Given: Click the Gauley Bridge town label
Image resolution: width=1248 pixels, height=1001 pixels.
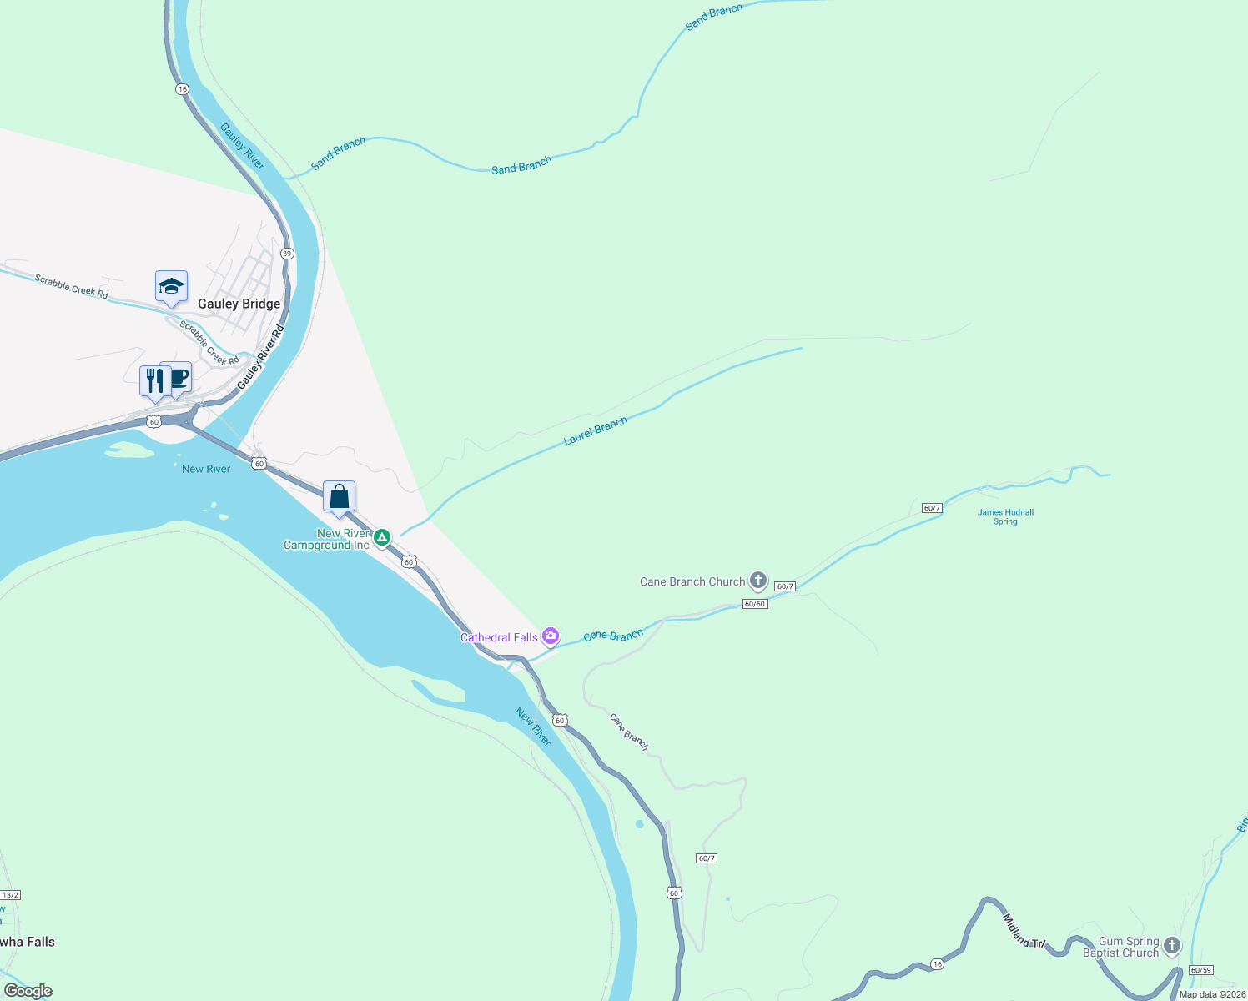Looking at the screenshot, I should pos(239,304).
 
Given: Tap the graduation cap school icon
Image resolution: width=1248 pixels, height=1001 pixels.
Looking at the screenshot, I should pos(171,287).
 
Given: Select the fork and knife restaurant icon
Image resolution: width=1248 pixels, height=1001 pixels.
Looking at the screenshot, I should pos(153,381).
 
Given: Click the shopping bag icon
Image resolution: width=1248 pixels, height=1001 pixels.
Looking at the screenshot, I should pos(339,497).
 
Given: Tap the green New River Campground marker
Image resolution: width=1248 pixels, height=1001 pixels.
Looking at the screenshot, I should pos(382,537).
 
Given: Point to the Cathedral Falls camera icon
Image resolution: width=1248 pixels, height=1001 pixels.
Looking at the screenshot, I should pos(551,637).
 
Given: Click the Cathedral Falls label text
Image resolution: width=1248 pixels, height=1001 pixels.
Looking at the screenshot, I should pos(499,637).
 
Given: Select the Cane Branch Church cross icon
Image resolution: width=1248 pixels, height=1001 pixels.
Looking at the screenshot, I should pos(757,581).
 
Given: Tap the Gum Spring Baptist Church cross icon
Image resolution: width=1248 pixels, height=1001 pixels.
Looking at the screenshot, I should pos(1172,946).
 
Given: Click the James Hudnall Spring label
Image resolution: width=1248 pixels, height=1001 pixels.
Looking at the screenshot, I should pos(1005,517).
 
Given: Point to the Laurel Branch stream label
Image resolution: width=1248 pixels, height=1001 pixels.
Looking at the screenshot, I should pos(596,431).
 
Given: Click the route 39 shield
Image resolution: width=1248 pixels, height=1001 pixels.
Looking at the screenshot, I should pos(287,254).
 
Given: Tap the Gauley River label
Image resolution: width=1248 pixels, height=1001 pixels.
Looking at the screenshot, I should pos(242,147).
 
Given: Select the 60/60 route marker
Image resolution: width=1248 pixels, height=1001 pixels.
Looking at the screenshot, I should pos(754,604).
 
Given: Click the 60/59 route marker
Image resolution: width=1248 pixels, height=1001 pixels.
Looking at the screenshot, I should pos(1200,970).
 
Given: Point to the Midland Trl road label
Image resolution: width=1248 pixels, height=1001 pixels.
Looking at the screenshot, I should pos(1024,930).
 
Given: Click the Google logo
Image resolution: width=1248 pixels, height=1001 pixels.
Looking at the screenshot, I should pos(28,991).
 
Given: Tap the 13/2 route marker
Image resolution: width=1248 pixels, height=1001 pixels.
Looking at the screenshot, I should pos(10,895).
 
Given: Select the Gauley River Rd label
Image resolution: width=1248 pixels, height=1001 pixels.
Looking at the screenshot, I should pos(260,357).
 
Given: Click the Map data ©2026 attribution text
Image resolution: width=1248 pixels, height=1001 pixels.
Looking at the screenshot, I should pos(1212,994).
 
